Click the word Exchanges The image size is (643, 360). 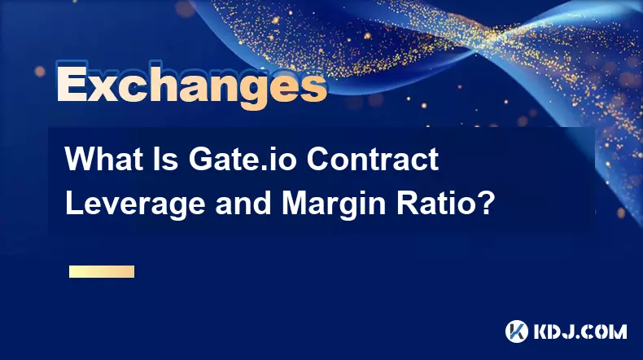click(191, 86)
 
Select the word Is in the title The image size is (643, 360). click(166, 159)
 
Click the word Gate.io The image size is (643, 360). click(243, 159)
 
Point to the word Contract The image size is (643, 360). click(373, 159)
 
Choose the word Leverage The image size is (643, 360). click(135, 204)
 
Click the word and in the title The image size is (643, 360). click(243, 203)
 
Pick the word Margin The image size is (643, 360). click(334, 204)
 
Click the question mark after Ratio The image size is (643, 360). click(485, 203)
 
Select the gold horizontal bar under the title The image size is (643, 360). click(102, 271)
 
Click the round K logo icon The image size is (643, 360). click(517, 331)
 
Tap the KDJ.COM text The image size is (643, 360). click(580, 331)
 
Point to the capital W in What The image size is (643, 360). click(81, 159)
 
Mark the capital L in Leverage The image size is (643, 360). click(74, 203)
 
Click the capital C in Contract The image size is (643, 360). click(317, 159)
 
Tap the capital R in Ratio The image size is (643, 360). click(407, 203)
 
